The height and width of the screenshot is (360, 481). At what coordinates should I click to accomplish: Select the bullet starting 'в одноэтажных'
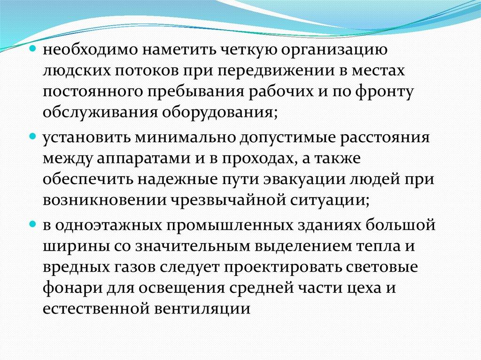33,224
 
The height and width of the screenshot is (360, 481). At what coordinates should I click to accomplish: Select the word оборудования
219,113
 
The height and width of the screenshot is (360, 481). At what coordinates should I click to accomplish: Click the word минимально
186,138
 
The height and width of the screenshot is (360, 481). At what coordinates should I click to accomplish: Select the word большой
401,224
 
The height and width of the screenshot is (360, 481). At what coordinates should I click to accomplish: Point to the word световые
381,268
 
